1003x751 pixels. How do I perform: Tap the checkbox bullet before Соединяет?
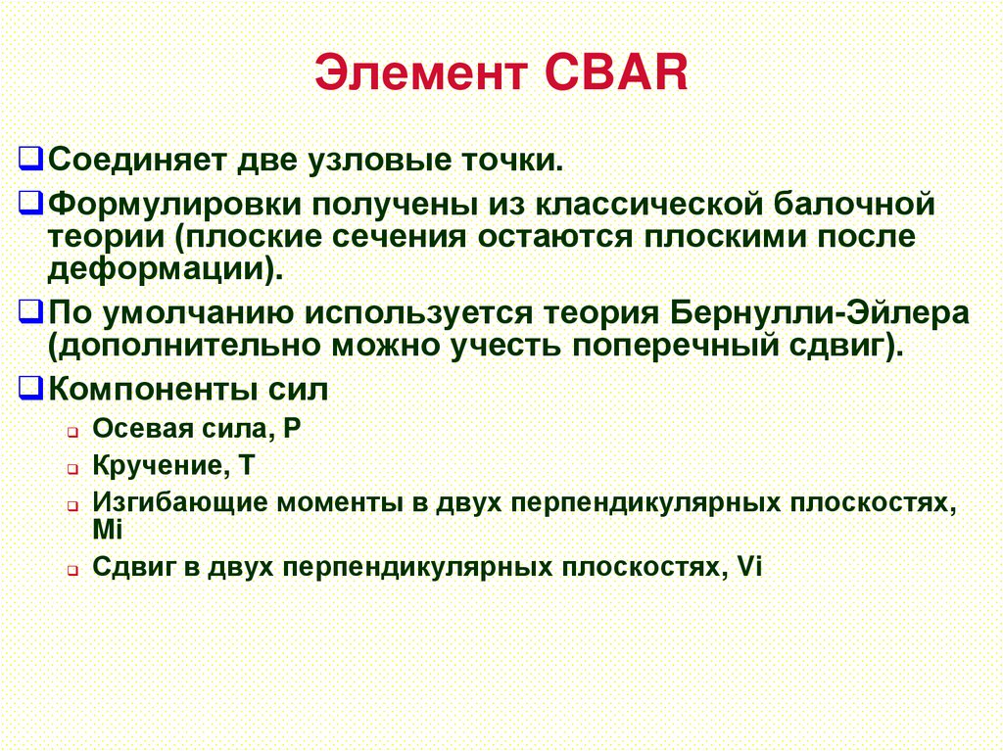coord(31,157)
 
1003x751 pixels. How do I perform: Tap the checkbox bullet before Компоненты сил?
coord(31,389)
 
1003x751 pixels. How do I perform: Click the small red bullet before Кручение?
coord(72,469)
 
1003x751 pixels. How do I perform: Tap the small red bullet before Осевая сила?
coord(72,432)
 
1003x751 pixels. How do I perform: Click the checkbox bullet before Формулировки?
coord(31,205)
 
